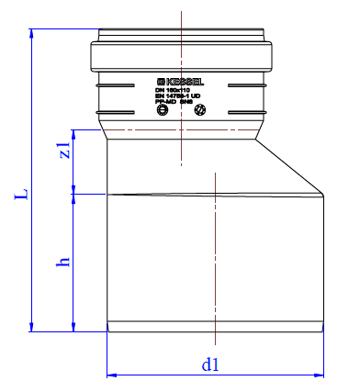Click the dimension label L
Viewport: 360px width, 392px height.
tap(18, 196)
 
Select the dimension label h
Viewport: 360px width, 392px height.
tap(62, 263)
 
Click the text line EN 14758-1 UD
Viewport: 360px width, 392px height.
tap(183, 95)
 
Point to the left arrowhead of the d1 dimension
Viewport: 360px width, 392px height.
tap(112, 375)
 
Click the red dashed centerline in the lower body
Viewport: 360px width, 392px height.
tap(214, 257)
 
